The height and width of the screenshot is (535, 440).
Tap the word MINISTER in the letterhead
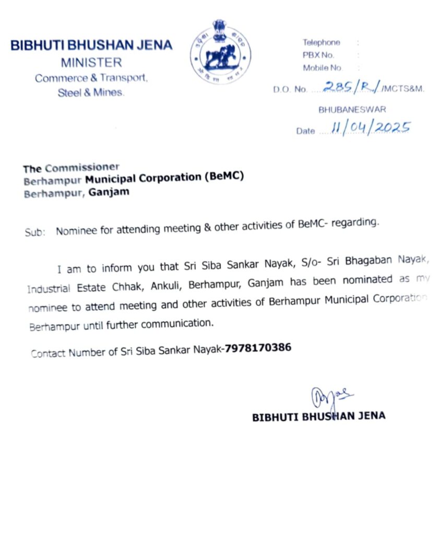coord(91,63)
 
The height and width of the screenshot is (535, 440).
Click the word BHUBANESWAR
coord(352,110)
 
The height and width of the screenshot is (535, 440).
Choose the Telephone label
coord(321,43)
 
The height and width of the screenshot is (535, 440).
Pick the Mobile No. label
coord(323,68)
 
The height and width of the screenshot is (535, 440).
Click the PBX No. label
coord(318,55)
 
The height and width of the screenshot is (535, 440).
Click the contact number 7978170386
coord(258,347)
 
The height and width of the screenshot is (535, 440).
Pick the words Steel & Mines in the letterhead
coord(91,93)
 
